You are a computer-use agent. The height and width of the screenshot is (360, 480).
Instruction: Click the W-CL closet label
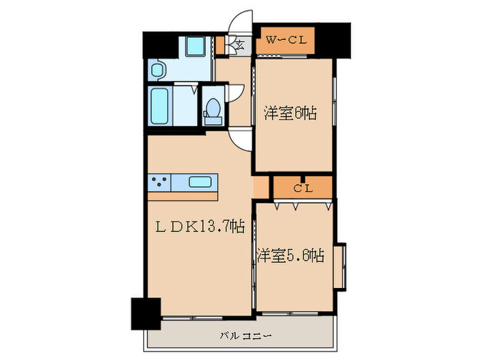tap(285, 39)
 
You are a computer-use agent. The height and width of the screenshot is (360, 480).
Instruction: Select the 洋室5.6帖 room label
tap(291, 256)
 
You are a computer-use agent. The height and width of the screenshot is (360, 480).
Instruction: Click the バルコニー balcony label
tap(245, 336)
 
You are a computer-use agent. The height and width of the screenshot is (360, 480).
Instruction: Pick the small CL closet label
tap(302, 187)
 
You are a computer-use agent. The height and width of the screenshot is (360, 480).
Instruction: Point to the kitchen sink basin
tap(200, 182)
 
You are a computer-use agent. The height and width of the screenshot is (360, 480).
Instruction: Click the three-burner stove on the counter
tap(160, 182)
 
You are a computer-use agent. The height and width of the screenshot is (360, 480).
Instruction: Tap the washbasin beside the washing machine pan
tap(157, 69)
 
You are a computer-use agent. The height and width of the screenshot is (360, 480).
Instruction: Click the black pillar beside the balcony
tap(145, 315)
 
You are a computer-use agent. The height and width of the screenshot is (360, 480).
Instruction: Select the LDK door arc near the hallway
tap(241, 139)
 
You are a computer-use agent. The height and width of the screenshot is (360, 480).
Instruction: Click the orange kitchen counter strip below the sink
tap(182, 196)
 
